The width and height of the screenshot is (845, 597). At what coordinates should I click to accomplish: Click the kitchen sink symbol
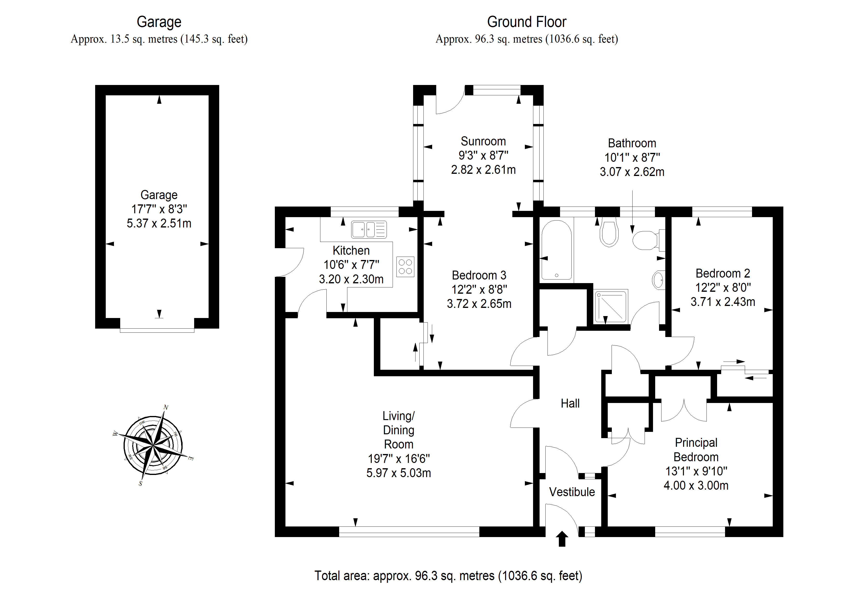[x=369, y=229]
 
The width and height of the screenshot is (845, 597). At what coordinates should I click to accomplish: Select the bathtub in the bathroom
[x=556, y=250]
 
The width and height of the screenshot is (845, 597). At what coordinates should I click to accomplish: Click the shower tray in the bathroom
[x=611, y=306]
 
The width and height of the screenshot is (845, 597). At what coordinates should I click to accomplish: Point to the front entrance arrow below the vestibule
[x=562, y=539]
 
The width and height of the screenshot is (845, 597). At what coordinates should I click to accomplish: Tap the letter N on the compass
[x=166, y=407]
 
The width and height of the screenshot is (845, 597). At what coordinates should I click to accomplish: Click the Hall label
[x=570, y=403]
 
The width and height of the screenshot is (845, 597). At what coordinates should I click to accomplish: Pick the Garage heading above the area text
[x=159, y=22]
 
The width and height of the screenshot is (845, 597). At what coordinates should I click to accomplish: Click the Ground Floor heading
[x=527, y=22]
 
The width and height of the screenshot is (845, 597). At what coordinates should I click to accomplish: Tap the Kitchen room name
[x=351, y=251]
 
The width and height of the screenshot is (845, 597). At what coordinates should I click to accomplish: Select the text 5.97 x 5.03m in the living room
[x=399, y=473]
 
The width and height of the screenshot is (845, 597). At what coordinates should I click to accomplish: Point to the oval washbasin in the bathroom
[x=658, y=280]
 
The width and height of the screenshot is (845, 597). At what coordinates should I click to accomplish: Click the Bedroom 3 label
[x=479, y=275]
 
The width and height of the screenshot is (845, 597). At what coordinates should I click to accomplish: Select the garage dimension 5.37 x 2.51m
[x=159, y=223]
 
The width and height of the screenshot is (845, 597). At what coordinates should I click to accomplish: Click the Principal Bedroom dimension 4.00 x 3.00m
[x=696, y=486]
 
